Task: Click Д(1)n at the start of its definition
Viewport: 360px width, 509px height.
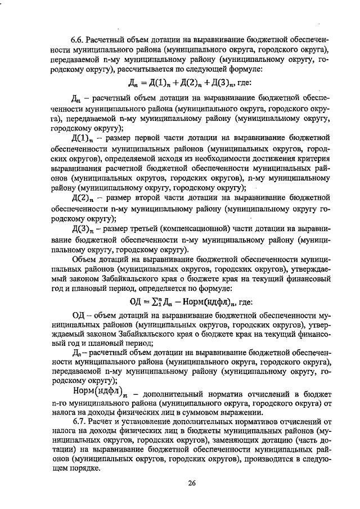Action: (86, 138)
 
